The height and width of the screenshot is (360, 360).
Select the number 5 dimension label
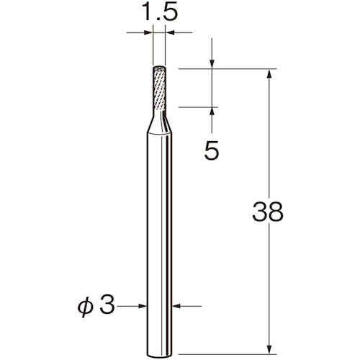(x=212, y=150)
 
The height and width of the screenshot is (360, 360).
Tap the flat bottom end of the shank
(x=158, y=333)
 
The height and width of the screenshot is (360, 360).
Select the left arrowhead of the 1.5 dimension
(x=150, y=32)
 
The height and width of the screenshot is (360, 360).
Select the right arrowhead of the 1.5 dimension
(x=168, y=32)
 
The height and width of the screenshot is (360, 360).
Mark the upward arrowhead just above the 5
(x=212, y=110)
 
